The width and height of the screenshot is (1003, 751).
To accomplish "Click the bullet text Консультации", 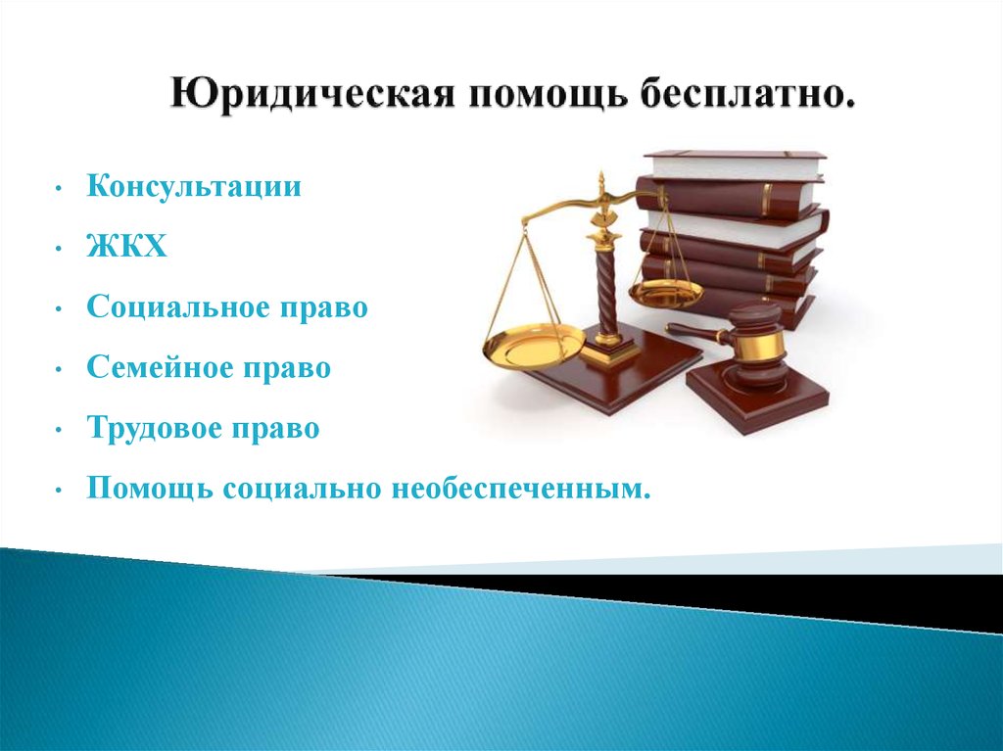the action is tap(194, 186).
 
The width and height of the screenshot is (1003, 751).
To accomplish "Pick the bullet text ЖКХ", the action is tap(126, 247).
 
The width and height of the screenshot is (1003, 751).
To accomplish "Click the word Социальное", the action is tap(178, 307).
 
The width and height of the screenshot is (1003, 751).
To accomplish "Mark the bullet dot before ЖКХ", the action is tap(58, 248).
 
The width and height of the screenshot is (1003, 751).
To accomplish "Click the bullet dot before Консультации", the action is tap(58, 188).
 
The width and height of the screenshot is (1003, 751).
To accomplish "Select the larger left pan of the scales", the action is tap(533, 343).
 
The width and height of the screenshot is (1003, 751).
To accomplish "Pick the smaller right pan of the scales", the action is tap(666, 292).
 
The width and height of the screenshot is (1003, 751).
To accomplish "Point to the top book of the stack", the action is tap(736, 165).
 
